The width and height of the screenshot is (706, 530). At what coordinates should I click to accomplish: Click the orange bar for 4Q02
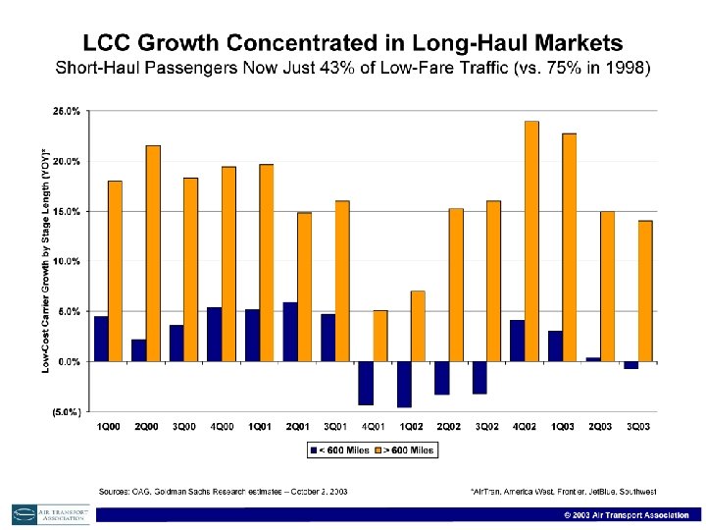pyautogui.click(x=531, y=241)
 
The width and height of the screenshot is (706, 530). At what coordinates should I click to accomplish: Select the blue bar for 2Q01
pyautogui.click(x=289, y=332)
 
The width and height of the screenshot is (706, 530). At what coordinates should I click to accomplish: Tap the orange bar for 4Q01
pyautogui.click(x=379, y=336)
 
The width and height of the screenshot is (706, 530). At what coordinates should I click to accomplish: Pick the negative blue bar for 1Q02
pyautogui.click(x=403, y=384)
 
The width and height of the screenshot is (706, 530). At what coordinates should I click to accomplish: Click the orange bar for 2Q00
pyautogui.click(x=153, y=253)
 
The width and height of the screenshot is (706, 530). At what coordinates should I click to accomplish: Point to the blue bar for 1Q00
pyautogui.click(x=101, y=339)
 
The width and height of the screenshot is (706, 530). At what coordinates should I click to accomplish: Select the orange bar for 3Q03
pyautogui.click(x=645, y=291)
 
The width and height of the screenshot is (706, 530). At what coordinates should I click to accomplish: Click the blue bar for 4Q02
pyautogui.click(x=517, y=341)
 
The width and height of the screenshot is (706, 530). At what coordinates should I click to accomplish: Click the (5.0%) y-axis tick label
pyautogui.click(x=66, y=412)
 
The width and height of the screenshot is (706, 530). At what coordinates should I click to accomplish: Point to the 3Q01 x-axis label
pyautogui.click(x=335, y=426)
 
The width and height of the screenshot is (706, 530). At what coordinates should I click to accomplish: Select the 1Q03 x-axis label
pyautogui.click(x=562, y=426)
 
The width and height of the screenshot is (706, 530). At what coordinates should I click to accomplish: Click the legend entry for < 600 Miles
pyautogui.click(x=336, y=450)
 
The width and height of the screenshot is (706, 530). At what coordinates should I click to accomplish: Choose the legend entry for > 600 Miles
pyautogui.click(x=404, y=450)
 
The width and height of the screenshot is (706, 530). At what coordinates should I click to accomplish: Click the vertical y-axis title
pyautogui.click(x=45, y=261)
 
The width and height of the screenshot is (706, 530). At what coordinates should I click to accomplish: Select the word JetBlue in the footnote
pyautogui.click(x=597, y=491)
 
